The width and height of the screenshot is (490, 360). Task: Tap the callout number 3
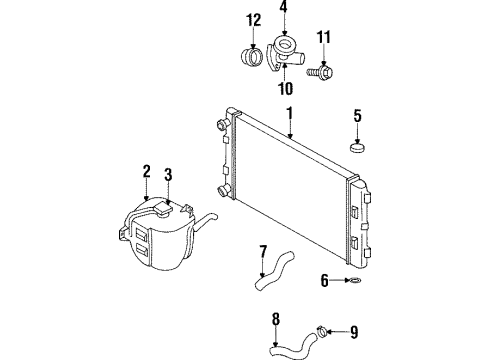(169, 176)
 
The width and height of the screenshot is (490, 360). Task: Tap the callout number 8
(274, 322)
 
